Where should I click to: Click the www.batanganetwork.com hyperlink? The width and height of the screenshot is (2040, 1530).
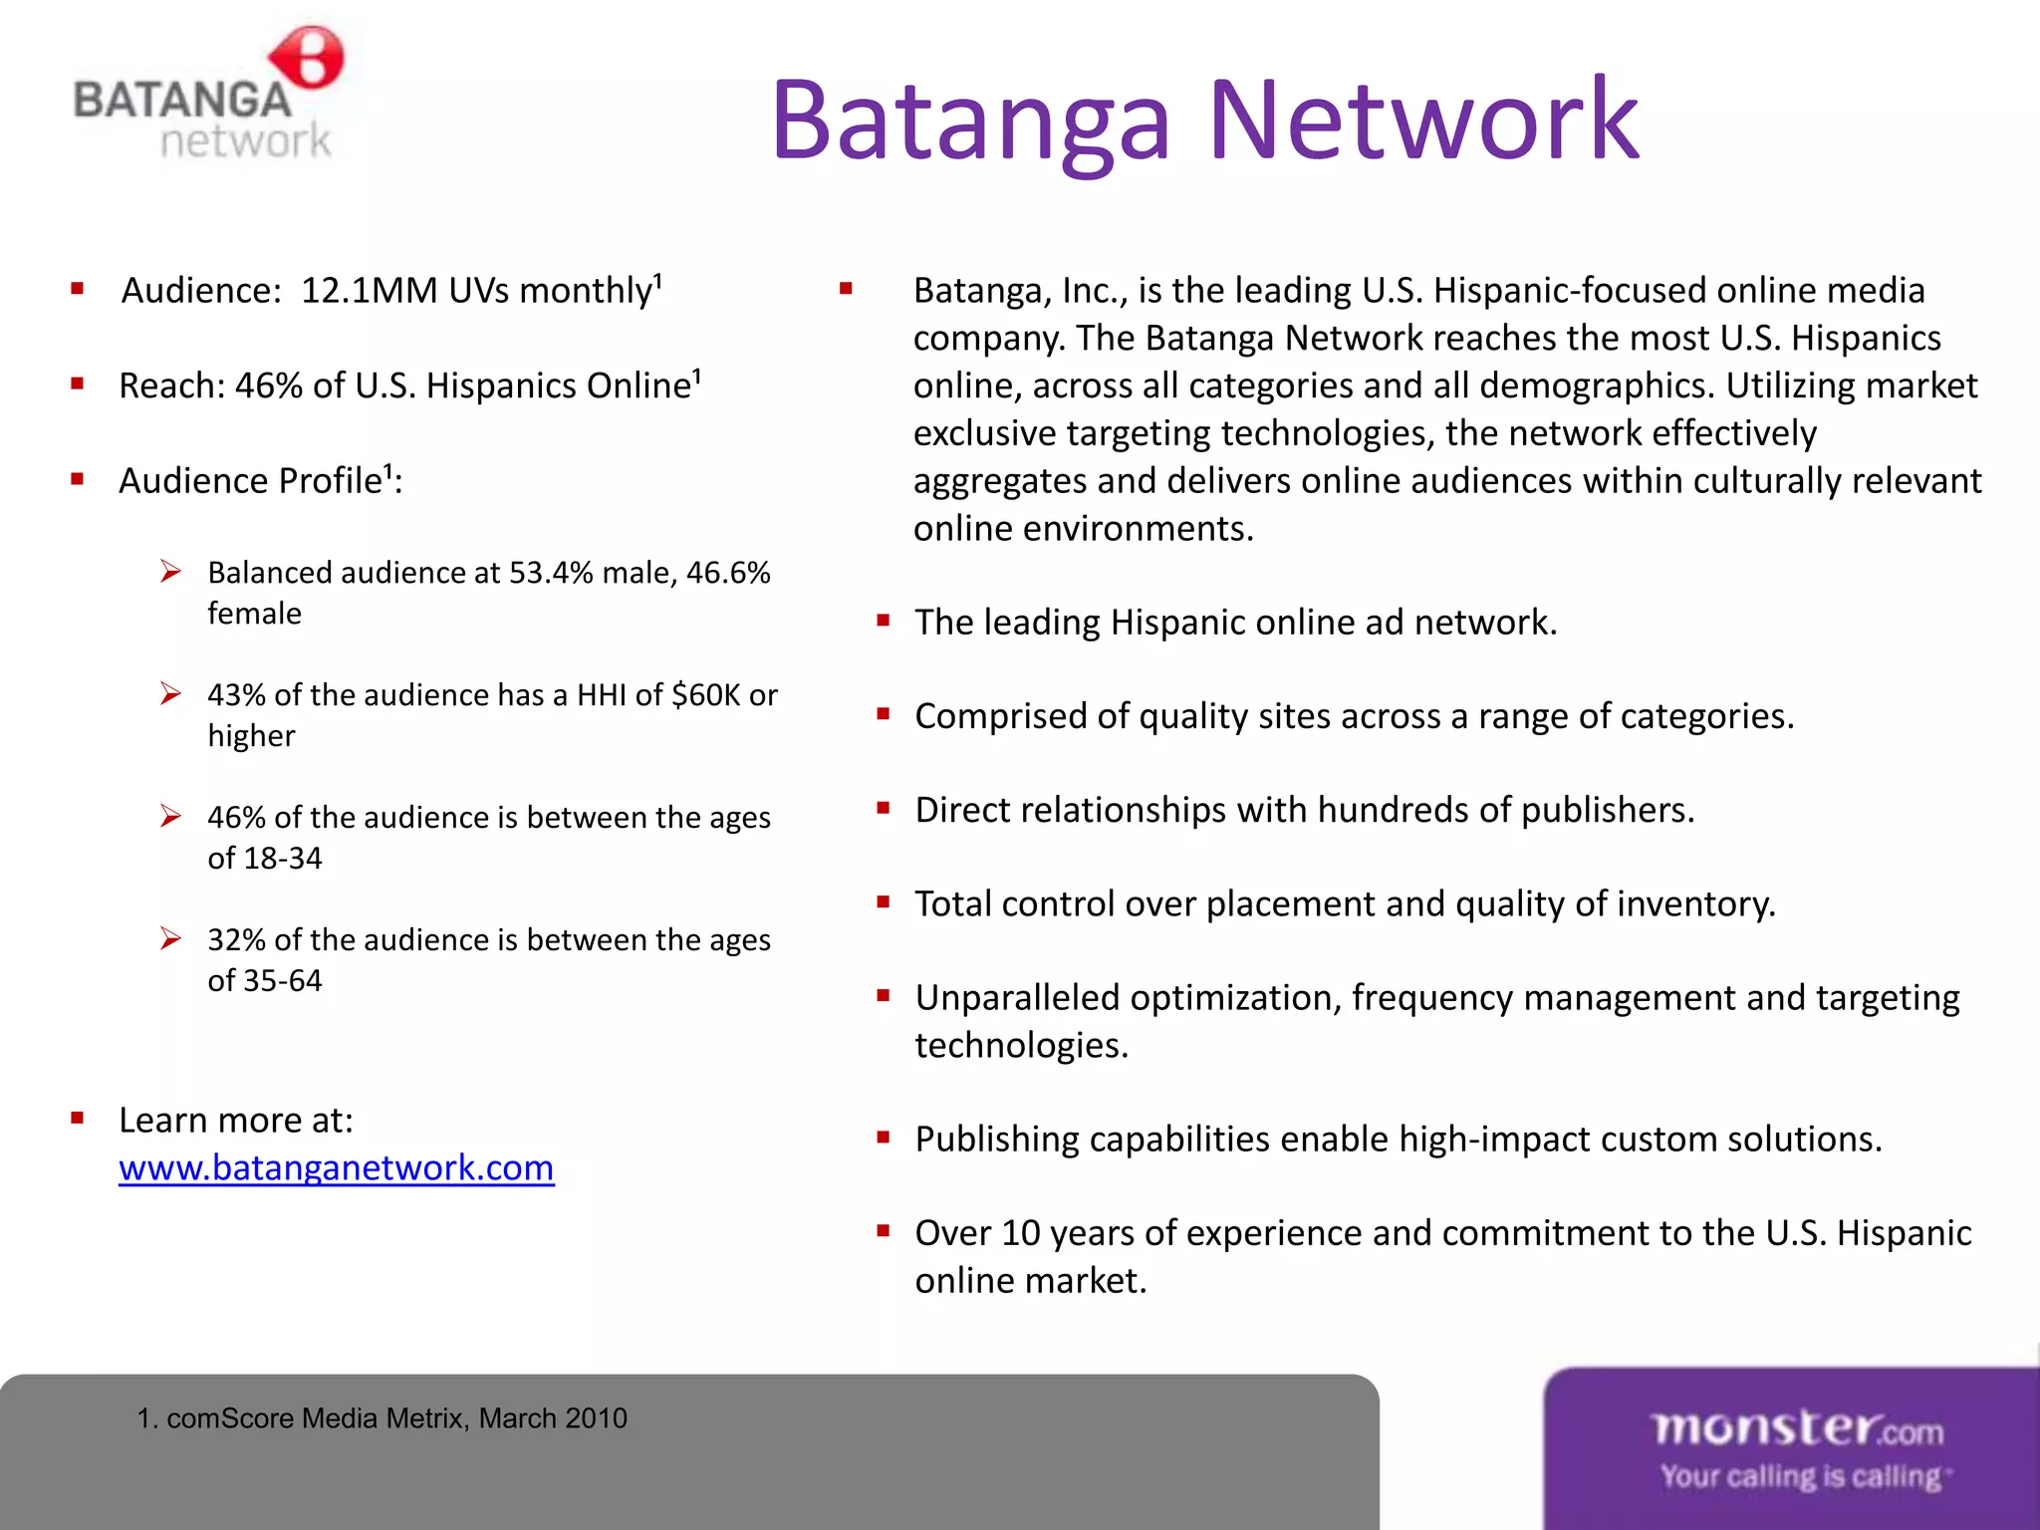336,1167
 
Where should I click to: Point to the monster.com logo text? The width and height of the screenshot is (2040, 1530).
1797,1428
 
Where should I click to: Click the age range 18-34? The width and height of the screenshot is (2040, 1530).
283,858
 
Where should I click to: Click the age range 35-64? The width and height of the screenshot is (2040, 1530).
283,980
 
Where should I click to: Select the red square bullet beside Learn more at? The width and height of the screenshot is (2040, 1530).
78,1119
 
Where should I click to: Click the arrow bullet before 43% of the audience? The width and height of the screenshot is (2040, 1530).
170,693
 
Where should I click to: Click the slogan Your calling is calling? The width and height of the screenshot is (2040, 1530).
1800,1476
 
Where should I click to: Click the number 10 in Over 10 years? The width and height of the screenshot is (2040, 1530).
1020,1233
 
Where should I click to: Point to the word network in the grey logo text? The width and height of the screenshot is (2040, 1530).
245,140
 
